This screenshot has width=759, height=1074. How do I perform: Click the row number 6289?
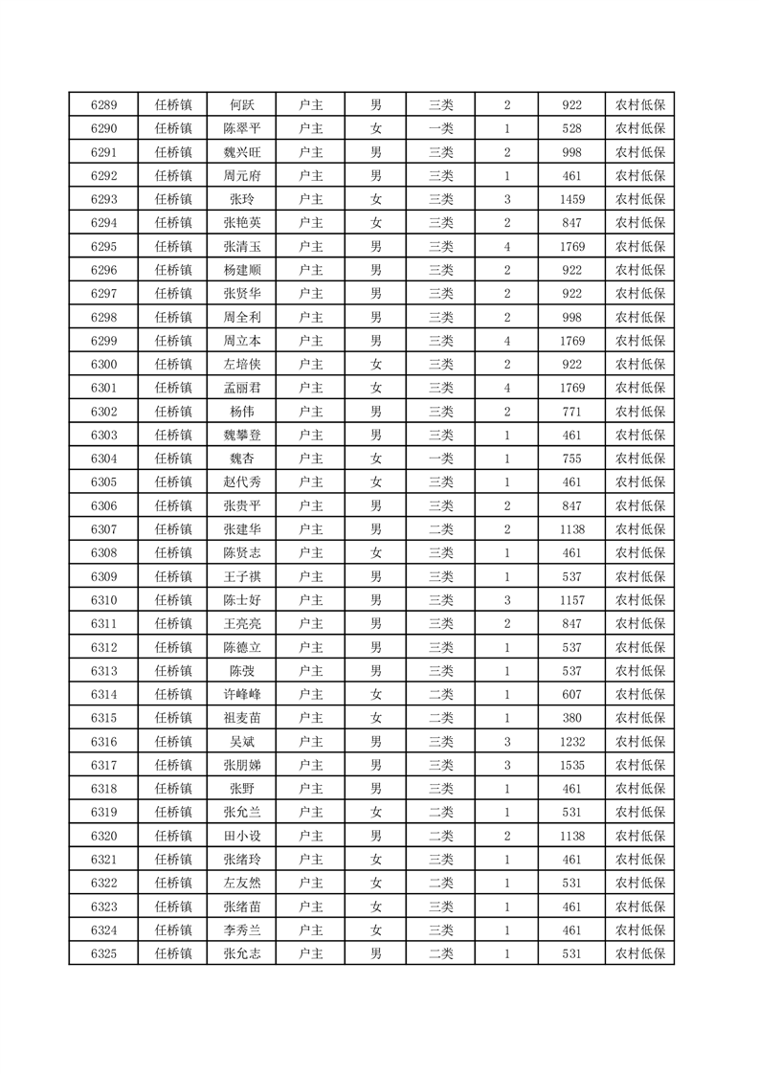tap(103, 105)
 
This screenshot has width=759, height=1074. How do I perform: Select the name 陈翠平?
tap(241, 129)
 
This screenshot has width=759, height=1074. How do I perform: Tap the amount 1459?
tap(572, 200)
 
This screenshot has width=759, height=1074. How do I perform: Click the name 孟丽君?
tap(241, 388)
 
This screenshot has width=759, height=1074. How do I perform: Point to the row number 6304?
tap(103, 459)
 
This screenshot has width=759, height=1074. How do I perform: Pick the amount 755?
tap(572, 459)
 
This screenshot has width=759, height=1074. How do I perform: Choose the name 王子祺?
tap(241, 576)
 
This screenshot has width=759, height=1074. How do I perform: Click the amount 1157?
tap(572, 600)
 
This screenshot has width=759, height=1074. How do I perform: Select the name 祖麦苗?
tap(241, 718)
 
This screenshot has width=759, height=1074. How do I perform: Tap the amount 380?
tap(572, 718)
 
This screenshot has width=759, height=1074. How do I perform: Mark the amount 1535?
tap(572, 765)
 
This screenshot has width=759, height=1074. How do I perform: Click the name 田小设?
tap(241, 836)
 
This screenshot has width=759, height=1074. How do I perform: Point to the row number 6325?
tap(103, 953)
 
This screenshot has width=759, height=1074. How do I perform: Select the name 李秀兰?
tap(241, 929)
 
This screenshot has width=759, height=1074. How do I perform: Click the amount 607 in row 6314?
tap(572, 694)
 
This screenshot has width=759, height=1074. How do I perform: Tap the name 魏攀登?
tap(241, 435)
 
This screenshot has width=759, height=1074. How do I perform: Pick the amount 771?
tap(572, 412)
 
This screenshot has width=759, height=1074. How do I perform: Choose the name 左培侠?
tap(241, 365)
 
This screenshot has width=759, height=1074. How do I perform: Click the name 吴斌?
tap(241, 741)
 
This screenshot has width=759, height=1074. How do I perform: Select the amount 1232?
tap(572, 741)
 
